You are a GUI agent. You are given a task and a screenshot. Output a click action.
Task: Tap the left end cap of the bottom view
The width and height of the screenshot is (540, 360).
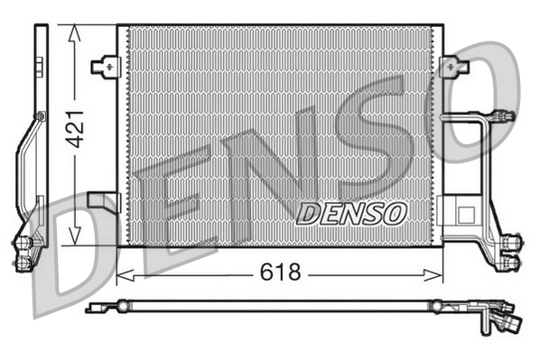click(x=90, y=309)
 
